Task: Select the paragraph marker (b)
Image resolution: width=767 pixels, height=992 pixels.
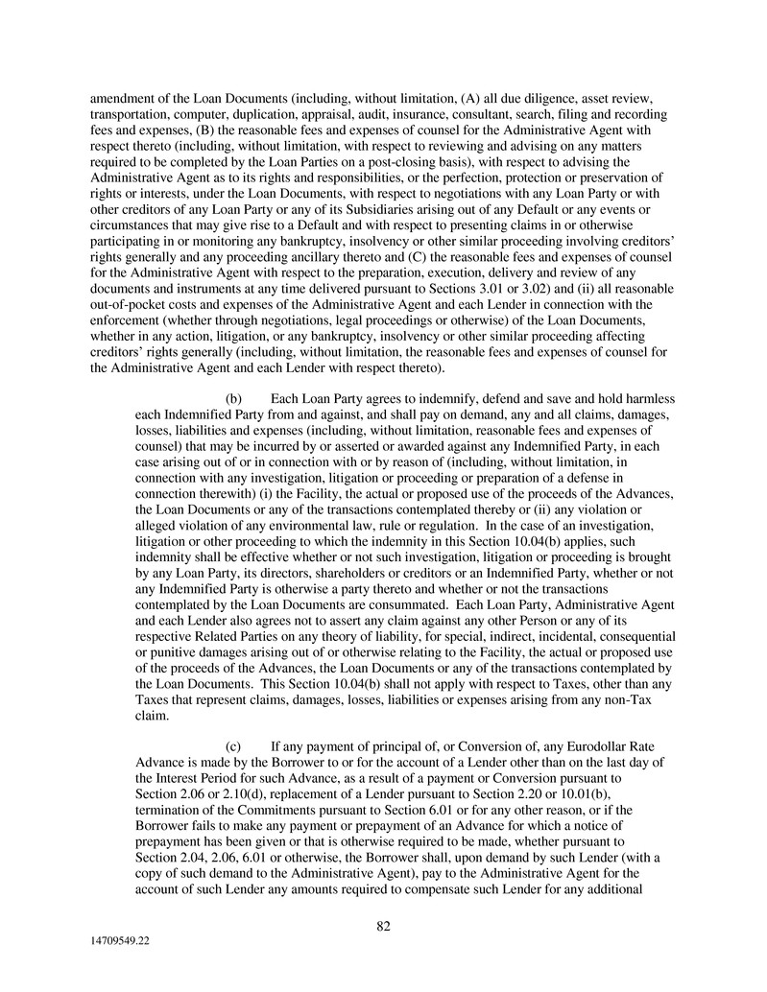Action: pyautogui.click(x=233, y=398)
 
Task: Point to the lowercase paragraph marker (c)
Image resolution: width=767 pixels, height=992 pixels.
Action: pyautogui.click(x=233, y=747)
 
